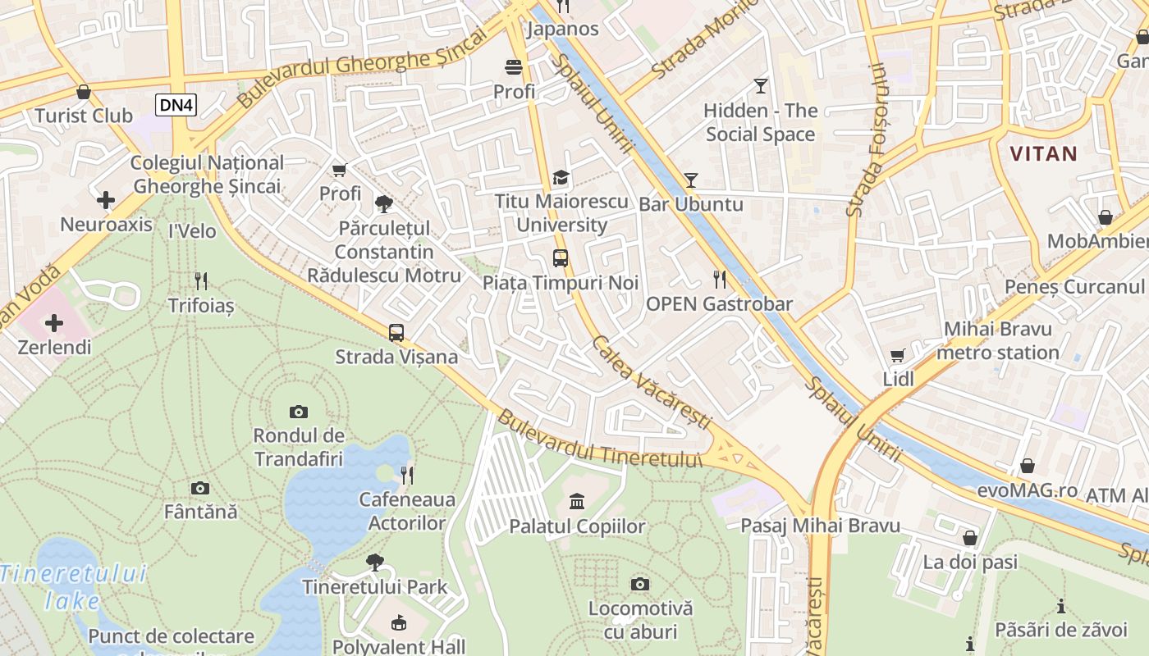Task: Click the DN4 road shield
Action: click(176, 104)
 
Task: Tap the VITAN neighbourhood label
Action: click(1043, 153)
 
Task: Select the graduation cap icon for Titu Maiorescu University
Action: click(561, 177)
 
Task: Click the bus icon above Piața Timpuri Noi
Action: click(561, 258)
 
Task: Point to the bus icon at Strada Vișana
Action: click(396, 332)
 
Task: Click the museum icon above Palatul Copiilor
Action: click(577, 501)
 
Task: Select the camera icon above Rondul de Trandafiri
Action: click(299, 412)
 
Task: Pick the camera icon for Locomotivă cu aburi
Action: click(640, 584)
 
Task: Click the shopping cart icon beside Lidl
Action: click(898, 355)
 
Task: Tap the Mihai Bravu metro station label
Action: click(997, 341)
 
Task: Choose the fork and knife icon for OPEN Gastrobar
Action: click(720, 280)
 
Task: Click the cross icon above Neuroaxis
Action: click(106, 200)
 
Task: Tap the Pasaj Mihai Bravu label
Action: click(820, 526)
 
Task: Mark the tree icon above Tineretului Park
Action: click(375, 563)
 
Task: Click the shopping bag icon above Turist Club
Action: click(83, 92)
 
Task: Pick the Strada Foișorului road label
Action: click(867, 140)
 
